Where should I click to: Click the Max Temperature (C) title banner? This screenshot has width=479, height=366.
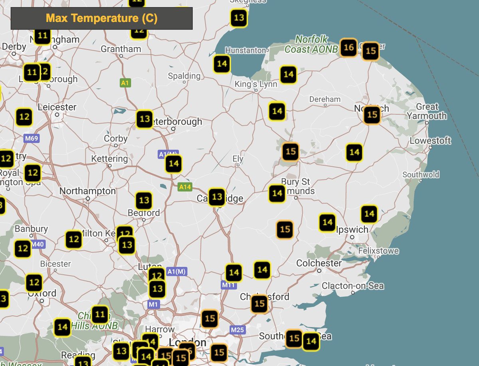(x=101, y=18)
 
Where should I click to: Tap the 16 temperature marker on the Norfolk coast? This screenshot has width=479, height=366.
(x=348, y=48)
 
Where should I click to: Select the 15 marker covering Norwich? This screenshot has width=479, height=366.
(x=372, y=115)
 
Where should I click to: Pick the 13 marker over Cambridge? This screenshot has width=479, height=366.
(x=217, y=197)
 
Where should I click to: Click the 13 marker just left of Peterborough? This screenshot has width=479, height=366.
(x=144, y=119)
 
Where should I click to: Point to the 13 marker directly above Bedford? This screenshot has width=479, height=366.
(x=144, y=201)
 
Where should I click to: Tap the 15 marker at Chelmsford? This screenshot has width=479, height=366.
(x=259, y=304)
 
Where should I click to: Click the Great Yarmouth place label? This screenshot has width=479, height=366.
(x=427, y=112)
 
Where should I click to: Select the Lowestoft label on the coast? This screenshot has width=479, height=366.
(x=430, y=141)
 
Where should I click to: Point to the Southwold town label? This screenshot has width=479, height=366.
(x=421, y=175)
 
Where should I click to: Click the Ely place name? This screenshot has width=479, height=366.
(x=238, y=159)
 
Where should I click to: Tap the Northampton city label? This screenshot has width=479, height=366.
(x=87, y=191)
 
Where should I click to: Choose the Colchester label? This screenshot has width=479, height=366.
(x=319, y=263)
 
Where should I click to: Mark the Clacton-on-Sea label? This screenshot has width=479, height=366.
(x=352, y=286)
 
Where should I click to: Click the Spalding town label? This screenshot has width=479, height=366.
(x=184, y=76)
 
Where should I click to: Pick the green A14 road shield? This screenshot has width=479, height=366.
(x=185, y=187)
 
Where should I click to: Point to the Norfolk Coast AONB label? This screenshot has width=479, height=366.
(x=312, y=45)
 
